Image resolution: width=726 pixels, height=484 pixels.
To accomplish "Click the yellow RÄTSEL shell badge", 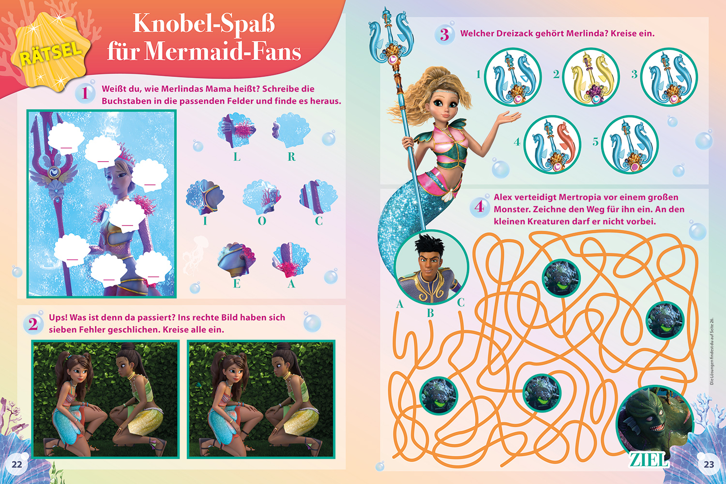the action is point(51,52).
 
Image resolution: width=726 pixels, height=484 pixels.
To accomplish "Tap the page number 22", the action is point(16,464).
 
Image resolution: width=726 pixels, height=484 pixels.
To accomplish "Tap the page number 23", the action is point(709,464).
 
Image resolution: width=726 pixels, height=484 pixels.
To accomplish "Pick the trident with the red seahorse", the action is point(552,145).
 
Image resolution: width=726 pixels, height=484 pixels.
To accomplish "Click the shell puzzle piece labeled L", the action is point(237,130).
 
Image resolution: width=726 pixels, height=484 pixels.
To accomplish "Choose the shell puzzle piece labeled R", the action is point(291,130).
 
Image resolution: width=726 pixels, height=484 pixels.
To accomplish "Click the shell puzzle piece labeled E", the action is point(237,260).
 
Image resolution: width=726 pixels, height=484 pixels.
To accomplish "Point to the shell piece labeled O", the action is point(262,196).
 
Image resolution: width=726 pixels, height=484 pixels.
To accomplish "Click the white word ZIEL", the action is point(649,460).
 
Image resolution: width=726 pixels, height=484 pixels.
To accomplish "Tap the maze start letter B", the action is point(430,313).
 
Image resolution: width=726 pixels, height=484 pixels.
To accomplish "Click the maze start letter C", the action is point(461,302).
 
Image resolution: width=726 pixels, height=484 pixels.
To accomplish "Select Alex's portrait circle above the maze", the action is point(431,267).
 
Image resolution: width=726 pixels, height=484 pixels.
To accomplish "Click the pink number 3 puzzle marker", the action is point(444,35).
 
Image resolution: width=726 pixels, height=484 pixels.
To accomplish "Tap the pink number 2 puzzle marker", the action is point(33,324).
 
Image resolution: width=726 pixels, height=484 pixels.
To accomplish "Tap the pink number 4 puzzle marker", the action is point(479,207).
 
